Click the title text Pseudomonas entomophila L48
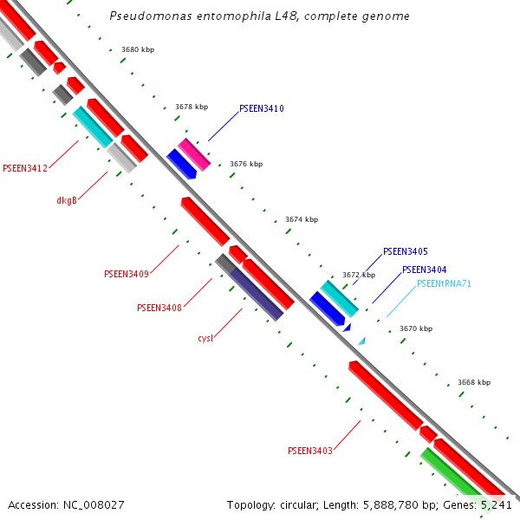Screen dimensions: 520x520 pyautogui.click(x=260, y=16)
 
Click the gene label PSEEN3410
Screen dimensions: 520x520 pyautogui.click(x=261, y=109)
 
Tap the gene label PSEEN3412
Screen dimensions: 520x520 pyautogui.click(x=25, y=168)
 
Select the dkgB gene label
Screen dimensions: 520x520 pyautogui.click(x=67, y=200)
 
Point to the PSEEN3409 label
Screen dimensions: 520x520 pyautogui.click(x=127, y=274)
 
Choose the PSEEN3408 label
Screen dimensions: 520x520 pyautogui.click(x=159, y=308)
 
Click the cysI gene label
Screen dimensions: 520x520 pyautogui.click(x=205, y=338)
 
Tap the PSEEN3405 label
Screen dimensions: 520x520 pyautogui.click(x=405, y=251)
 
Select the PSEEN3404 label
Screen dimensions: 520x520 pyautogui.click(x=425, y=270)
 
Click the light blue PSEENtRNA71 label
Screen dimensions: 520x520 pyautogui.click(x=444, y=283)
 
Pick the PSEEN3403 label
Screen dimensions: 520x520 pyautogui.click(x=310, y=451)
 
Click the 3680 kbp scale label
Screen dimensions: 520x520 pyautogui.click(x=138, y=50)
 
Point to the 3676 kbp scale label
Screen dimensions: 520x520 pyautogui.click(x=245, y=164)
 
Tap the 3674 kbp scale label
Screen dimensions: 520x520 pyautogui.click(x=302, y=220)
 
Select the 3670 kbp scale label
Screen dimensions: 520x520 pyautogui.click(x=415, y=329)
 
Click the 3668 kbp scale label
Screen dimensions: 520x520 pyautogui.click(x=473, y=382)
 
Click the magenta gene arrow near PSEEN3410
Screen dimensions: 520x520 pyautogui.click(x=195, y=154)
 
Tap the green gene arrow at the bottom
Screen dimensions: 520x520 pyautogui.click(x=451, y=476)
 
